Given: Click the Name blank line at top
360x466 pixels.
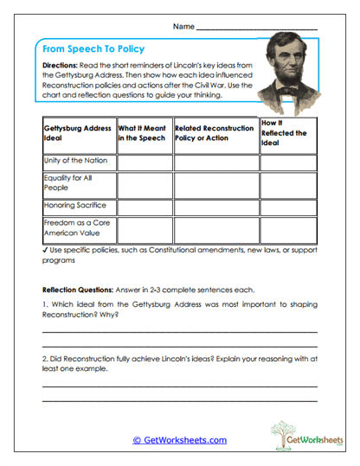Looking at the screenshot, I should click(257, 28).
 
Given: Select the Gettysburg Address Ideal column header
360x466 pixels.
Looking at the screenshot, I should click(78, 133).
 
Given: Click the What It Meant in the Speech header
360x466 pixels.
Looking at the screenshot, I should click(143, 133).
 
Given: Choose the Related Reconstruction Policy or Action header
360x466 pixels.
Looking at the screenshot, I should click(213, 133).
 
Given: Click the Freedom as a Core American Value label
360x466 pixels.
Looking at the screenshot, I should click(76, 228).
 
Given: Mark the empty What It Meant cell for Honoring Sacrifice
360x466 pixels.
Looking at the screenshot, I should click(144, 207).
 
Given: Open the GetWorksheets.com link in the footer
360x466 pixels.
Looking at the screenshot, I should click(179, 440).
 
